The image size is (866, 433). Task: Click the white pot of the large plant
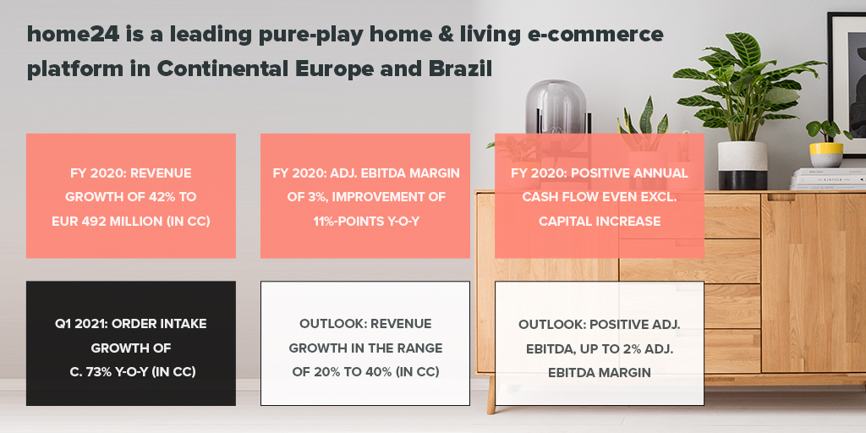click(x=742, y=164)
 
